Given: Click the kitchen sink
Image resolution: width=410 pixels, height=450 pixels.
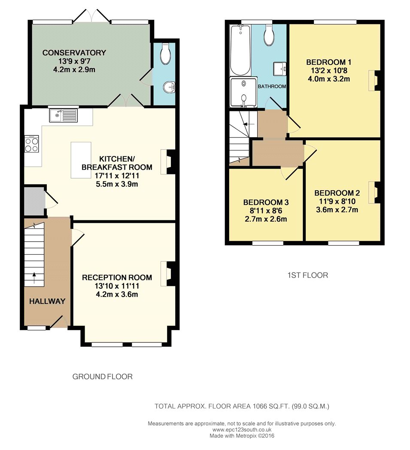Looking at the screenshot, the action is [x=64, y=116].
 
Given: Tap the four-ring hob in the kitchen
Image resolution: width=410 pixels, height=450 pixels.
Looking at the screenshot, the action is [x=32, y=144].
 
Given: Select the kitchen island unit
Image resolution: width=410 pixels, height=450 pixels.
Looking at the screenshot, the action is [x=81, y=160].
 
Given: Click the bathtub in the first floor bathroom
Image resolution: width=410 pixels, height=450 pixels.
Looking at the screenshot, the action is [x=240, y=50].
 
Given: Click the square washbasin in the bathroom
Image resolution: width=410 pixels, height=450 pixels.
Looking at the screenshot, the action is [x=280, y=69].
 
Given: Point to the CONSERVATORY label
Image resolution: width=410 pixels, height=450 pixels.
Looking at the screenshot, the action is [x=74, y=53].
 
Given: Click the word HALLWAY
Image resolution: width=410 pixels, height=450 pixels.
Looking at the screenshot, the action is [x=47, y=301].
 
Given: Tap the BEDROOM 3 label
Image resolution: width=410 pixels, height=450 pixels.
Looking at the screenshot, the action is [x=266, y=203].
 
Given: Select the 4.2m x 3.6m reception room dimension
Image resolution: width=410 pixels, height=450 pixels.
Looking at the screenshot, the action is [x=117, y=294].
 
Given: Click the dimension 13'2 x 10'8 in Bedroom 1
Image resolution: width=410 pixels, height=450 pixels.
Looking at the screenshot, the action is [x=329, y=71].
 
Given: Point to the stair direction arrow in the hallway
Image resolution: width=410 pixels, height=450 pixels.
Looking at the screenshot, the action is [x=34, y=278].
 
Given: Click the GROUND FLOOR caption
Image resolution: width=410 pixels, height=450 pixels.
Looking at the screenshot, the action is [x=102, y=377].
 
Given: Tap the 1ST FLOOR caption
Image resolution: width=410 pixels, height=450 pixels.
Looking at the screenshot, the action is [x=308, y=276].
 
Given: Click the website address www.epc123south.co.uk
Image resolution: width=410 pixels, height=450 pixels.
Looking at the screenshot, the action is [x=242, y=430].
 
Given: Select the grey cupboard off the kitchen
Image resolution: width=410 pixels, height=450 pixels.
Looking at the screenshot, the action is [x=34, y=201].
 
